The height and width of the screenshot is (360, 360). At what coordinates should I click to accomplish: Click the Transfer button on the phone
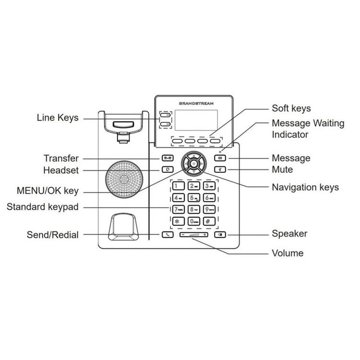click(x=167, y=158)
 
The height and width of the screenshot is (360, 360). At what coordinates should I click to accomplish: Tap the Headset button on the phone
click(x=167, y=169)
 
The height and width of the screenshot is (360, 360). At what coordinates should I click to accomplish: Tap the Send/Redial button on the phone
click(x=167, y=235)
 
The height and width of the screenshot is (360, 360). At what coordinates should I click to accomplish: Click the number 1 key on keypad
click(x=178, y=186)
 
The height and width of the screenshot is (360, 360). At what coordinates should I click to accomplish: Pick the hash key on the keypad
click(x=209, y=221)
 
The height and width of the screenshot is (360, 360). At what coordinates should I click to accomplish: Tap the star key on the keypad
click(x=178, y=221)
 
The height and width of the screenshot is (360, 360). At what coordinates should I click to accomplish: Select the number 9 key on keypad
click(x=209, y=209)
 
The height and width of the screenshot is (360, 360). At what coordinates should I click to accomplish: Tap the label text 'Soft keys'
click(x=291, y=108)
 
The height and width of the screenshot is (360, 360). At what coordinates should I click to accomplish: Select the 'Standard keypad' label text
click(x=43, y=207)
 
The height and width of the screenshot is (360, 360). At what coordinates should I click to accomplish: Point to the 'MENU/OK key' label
click(x=47, y=191)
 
